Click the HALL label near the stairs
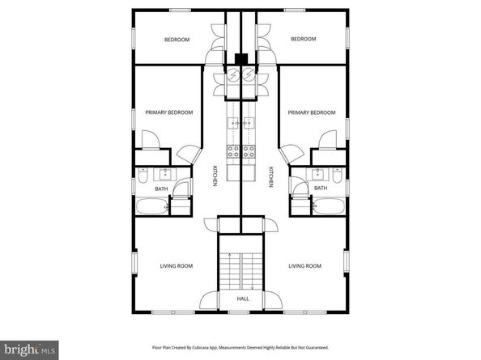point(242,299)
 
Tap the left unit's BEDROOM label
point(177,40)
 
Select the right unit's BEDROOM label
point(303,40)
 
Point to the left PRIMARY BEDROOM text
point(169,112)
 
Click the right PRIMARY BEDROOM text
point(311,112)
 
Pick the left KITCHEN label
point(215,176)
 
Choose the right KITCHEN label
point(269,176)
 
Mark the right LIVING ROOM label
point(305,265)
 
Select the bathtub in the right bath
point(330,206)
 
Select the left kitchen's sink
point(232,124)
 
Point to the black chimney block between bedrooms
point(241,58)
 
